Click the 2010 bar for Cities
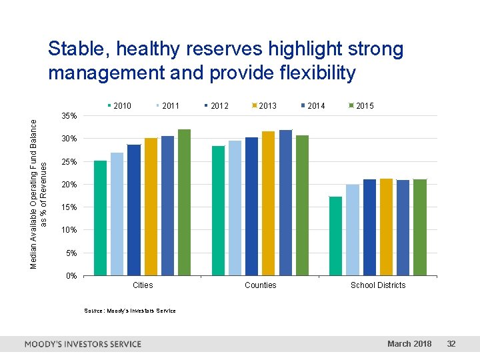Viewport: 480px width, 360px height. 100,218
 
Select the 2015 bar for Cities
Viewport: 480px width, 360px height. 184,202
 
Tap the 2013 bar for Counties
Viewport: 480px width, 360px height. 268,203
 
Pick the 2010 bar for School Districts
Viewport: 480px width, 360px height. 335,236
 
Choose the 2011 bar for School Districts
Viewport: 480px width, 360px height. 352,230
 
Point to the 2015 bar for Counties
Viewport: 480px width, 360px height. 302,205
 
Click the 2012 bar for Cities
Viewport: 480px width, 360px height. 134,210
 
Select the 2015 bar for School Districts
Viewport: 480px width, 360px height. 419,227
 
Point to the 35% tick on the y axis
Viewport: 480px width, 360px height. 69,117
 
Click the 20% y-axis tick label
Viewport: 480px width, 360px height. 69,185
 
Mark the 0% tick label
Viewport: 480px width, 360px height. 71,276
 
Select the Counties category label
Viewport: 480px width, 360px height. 260,285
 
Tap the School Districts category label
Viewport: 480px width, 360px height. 377,285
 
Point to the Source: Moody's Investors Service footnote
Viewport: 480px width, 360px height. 130,311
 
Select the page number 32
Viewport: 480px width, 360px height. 451,344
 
